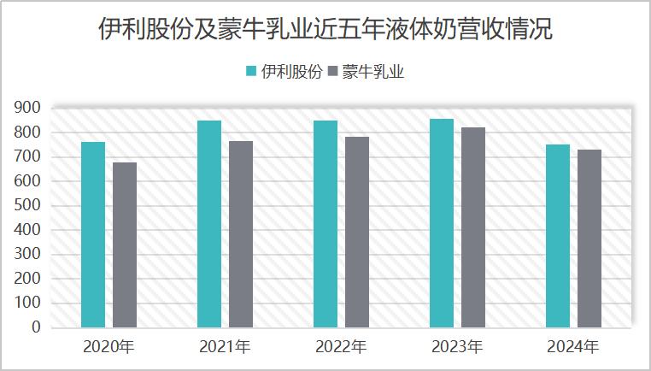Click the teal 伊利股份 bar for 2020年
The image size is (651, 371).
click(93, 234)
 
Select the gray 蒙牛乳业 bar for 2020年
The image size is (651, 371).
click(125, 244)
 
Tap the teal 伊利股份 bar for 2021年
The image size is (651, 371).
click(209, 224)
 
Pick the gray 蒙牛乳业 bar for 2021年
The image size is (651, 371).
click(241, 233)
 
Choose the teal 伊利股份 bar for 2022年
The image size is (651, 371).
click(325, 224)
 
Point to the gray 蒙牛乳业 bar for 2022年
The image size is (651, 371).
click(357, 232)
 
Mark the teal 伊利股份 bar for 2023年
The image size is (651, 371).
click(442, 223)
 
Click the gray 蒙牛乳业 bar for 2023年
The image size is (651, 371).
click(473, 227)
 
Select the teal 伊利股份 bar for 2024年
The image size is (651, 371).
click(558, 236)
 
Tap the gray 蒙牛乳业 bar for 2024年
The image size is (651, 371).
click(589, 238)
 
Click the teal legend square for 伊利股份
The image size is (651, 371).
click(252, 72)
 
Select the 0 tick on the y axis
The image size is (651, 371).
click(36, 327)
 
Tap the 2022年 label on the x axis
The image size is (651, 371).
click(341, 348)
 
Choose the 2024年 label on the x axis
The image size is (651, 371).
click(573, 348)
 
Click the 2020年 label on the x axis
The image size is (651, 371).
click(108, 348)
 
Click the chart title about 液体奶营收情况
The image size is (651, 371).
click(325, 32)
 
